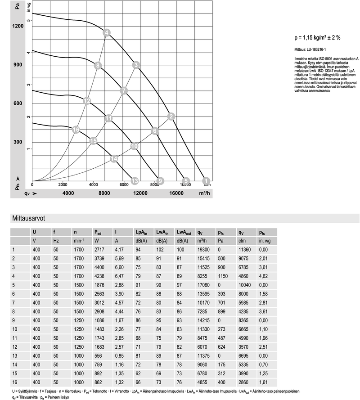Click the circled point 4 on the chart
coord(107,32)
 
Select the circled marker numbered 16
coord(76,130)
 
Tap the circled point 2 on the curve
coord(171,117)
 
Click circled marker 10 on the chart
coord(134,146)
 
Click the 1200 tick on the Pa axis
coord(18,26)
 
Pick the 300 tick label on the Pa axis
coord(18,142)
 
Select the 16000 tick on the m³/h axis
coord(176,193)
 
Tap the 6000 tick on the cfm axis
coord(124,184)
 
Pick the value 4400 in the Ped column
coord(99,267)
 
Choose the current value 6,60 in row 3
coord(119,267)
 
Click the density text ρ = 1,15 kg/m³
coord(313,38)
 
